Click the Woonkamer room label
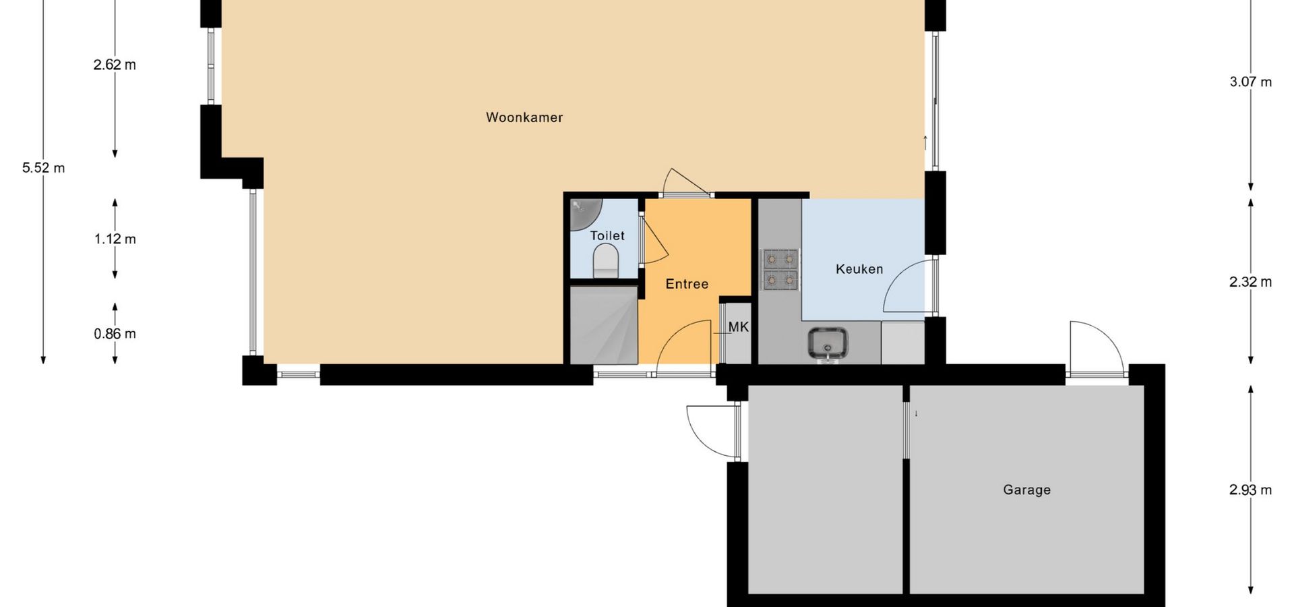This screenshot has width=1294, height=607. [524, 117]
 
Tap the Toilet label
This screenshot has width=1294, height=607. [607, 235]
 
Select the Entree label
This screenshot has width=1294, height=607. [687, 284]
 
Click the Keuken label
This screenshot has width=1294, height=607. [859, 269]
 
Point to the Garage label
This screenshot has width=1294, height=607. [1026, 490]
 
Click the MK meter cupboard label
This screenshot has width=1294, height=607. [739, 327]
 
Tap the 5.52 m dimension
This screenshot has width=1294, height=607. [44, 168]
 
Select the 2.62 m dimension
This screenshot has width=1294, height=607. [115, 65]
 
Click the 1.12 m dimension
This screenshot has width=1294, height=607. [115, 239]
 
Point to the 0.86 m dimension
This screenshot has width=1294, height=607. [115, 334]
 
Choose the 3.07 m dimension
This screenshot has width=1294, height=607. [1251, 82]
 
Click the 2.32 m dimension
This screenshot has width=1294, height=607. [1251, 282]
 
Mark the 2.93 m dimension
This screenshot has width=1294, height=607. [1251, 490]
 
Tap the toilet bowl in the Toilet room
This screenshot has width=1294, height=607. [605, 261]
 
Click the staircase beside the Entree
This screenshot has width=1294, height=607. [604, 325]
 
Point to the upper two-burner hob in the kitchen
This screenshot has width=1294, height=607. [780, 258]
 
